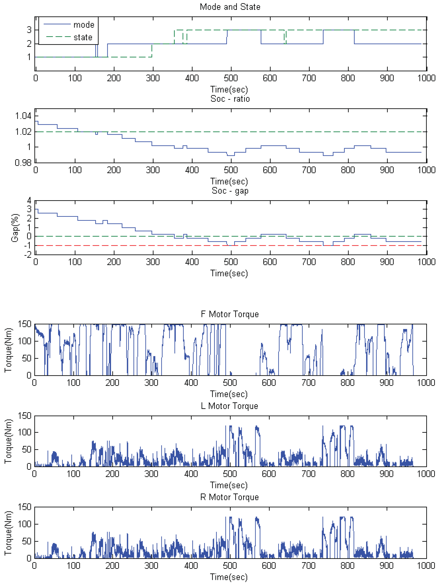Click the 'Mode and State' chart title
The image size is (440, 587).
tap(230, 7)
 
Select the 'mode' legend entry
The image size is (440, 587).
tap(84, 25)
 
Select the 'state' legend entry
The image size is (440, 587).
tap(83, 37)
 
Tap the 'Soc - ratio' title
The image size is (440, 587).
tap(230, 99)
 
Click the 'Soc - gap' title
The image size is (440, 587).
tap(230, 190)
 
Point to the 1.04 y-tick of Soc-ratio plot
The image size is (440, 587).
tap(23, 116)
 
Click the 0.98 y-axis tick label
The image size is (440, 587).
tap(23, 162)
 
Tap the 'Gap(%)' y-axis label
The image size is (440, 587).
tap(15, 228)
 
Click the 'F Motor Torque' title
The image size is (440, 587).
tap(230, 314)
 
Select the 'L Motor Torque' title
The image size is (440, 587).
tap(229, 406)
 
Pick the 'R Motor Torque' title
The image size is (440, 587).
tap(229, 497)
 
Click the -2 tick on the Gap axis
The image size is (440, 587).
tap(28, 255)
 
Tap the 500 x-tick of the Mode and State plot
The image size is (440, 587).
tap(231, 78)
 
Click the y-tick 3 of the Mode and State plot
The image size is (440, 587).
tap(29, 30)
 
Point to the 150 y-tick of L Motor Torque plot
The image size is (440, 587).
tap(25, 416)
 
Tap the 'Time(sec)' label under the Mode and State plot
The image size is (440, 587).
tap(229, 89)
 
